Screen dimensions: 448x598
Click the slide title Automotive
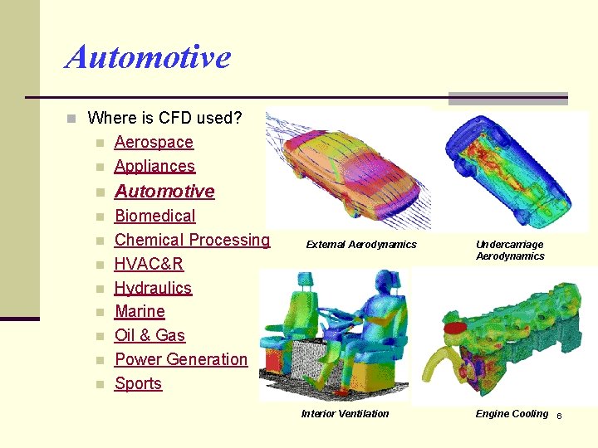pos(148,57)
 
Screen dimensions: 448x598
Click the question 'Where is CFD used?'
pos(164,118)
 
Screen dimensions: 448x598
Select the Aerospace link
pos(154,142)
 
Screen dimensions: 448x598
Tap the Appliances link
pos(154,166)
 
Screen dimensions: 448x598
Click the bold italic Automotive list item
pos(164,192)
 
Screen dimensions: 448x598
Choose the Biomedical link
pos(154,216)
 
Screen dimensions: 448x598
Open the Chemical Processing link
pos(192,240)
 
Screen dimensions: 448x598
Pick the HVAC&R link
pos(149,264)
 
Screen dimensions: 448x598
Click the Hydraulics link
pos(153,288)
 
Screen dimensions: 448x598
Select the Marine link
pos(140,311)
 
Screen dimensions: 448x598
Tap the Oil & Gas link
pos(149,335)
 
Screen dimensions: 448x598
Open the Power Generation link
pos(181,359)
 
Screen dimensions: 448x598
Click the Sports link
pos(138,383)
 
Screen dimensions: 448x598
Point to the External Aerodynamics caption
pos(361,245)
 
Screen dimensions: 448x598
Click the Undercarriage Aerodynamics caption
pos(510,250)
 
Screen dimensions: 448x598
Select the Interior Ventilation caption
pos(345,414)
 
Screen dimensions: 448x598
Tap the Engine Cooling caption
pos(512,414)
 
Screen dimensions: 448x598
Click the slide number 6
pos(559,416)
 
